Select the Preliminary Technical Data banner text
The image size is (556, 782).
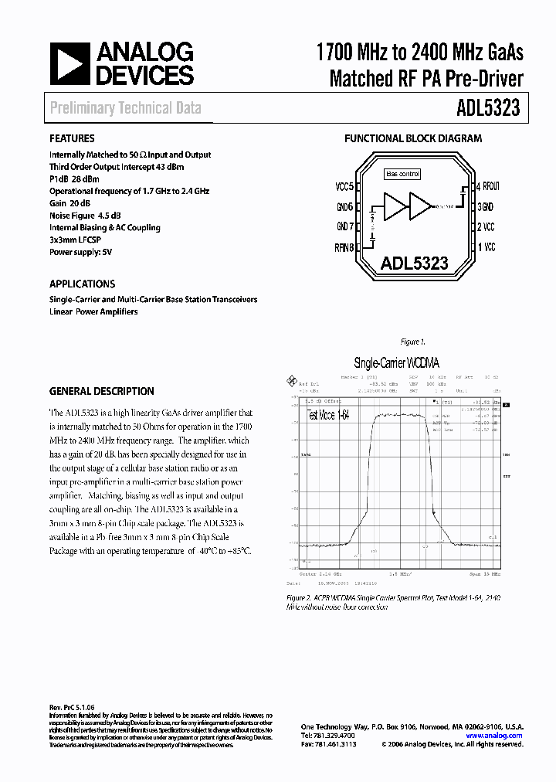[125, 108]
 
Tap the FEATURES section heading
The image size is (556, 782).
[72, 139]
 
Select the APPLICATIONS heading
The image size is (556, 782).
[82, 284]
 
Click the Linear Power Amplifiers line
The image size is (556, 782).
[93, 311]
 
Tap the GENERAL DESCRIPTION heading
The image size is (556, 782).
[101, 391]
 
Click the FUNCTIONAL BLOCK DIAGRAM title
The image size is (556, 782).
[412, 139]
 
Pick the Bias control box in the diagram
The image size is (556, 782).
[403, 175]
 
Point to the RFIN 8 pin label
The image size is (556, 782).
[344, 248]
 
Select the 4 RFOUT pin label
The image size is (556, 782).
[488, 186]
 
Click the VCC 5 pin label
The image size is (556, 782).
[344, 187]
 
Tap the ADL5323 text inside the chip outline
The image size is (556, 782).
[414, 263]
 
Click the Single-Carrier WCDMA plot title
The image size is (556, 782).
[400, 362]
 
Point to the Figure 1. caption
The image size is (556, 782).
[413, 342]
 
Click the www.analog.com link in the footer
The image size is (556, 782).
[498, 736]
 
